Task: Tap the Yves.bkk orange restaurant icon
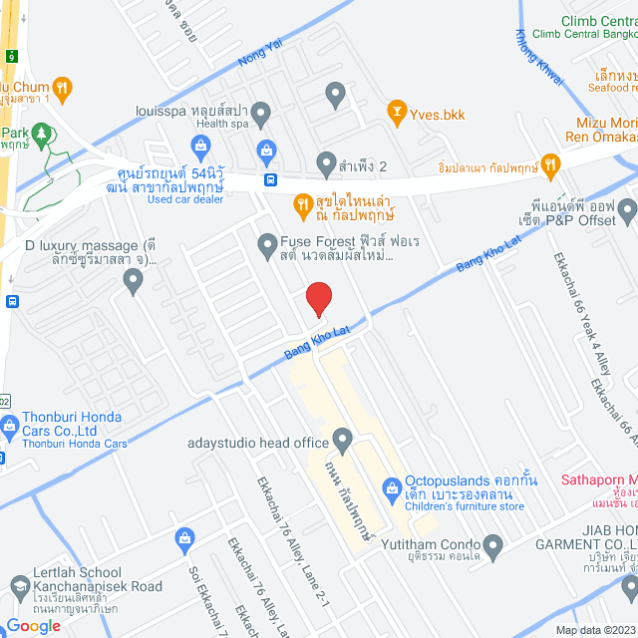point(397,112)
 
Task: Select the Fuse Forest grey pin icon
point(266,243)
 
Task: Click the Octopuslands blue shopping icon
point(391,486)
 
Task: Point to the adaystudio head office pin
point(343,439)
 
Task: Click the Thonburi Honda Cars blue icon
point(10,429)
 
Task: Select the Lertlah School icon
point(18,585)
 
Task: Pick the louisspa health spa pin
point(261,115)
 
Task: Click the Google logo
point(33,626)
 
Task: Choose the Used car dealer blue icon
point(201,147)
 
